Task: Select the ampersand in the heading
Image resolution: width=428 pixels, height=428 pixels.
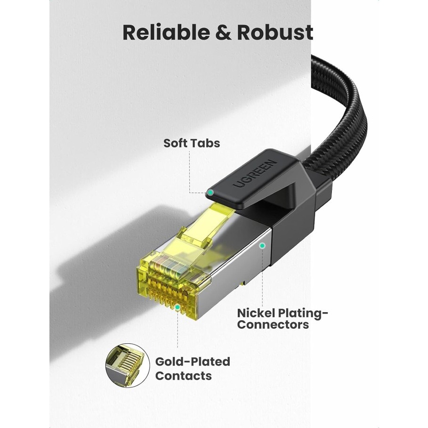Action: tap(223, 32)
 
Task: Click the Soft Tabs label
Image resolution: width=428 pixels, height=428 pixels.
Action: tap(192, 143)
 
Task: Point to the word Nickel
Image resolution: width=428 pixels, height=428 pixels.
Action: tap(256, 313)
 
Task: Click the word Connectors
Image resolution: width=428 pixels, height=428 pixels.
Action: tap(273, 324)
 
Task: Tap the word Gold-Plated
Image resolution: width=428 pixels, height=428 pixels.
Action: tap(193, 362)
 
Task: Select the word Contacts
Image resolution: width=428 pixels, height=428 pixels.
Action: tap(184, 376)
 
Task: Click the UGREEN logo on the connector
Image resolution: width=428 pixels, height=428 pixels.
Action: tap(255, 174)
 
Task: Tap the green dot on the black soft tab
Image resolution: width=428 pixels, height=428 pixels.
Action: tap(210, 193)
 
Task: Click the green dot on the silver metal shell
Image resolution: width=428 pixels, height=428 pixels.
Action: tap(262, 246)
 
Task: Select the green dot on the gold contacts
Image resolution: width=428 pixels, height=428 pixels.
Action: tap(178, 307)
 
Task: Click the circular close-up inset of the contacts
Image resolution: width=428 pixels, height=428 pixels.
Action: tap(128, 365)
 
